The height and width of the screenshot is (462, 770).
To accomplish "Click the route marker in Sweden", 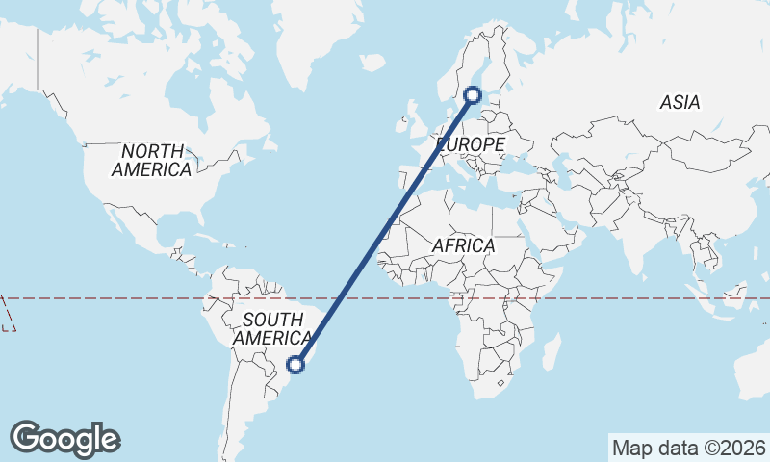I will pos(473,94).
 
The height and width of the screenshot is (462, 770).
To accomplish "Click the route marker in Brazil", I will pos(297,364).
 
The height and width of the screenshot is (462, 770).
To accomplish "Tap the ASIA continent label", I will pos(680,102).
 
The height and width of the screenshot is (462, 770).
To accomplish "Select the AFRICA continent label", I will pos(463,245).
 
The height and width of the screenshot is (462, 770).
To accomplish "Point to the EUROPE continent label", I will pos(471,144).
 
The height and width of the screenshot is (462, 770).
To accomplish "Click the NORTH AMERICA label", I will pos(151,160).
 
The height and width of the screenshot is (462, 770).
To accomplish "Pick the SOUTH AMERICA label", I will pos(272,328).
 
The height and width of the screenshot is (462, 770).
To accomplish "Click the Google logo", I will pos(64,439).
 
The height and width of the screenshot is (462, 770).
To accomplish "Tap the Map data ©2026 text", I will pos(688,448).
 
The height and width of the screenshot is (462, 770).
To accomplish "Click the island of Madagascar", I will pos(551,352).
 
